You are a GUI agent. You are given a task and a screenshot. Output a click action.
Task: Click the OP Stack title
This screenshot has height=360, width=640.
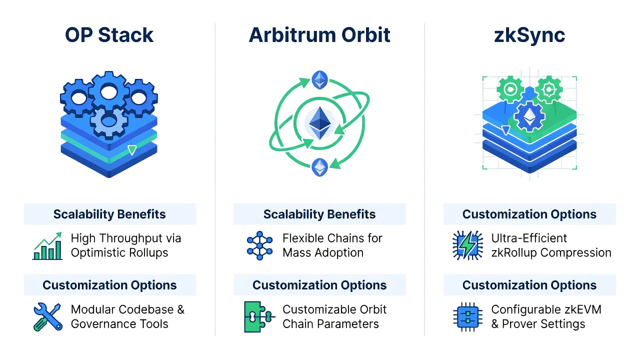pyautogui.click(x=109, y=35)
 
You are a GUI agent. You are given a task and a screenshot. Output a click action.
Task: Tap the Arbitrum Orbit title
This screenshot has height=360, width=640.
pyautogui.click(x=319, y=35)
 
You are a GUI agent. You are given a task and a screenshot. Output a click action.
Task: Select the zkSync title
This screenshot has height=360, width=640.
pyautogui.click(x=529, y=35)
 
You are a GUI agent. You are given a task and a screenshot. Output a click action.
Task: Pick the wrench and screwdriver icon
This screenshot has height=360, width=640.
pyautogui.click(x=47, y=316)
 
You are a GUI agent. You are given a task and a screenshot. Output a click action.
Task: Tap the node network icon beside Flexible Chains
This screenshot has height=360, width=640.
pyautogui.click(x=259, y=245)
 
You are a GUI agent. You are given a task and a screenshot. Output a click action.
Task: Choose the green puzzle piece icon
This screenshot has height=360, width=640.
pyautogui.click(x=259, y=316)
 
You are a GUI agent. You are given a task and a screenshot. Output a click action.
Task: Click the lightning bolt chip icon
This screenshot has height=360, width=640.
pyautogui.click(x=467, y=245)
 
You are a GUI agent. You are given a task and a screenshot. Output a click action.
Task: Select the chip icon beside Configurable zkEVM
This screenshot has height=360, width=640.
pyautogui.click(x=467, y=317)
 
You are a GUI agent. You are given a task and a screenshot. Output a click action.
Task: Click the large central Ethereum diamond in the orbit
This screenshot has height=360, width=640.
pyautogui.click(x=320, y=123)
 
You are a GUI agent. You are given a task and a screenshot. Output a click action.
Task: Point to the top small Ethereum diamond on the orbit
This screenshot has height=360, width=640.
pyautogui.click(x=319, y=79)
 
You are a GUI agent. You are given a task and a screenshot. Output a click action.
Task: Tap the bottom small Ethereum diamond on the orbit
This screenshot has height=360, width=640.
pyautogui.click(x=319, y=167)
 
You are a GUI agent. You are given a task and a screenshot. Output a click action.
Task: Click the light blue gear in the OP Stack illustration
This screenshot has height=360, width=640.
pyautogui.click(x=109, y=122)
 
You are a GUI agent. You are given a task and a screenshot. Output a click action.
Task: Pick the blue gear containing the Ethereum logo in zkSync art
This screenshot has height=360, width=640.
pyautogui.click(x=529, y=116)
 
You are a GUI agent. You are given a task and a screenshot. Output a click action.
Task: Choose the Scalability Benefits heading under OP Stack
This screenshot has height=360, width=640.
pyautogui.click(x=109, y=214)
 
